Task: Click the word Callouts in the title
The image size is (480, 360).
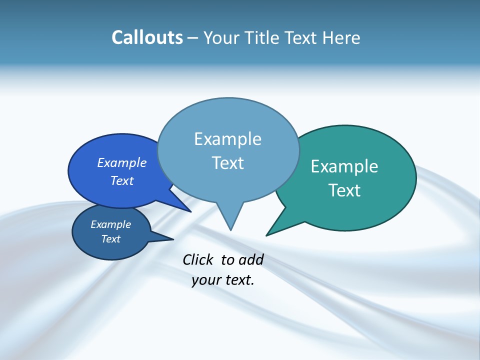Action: click(x=147, y=37)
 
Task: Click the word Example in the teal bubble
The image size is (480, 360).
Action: click(x=344, y=166)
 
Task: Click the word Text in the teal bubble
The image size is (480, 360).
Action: click(x=344, y=190)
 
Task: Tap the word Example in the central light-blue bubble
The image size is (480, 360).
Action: click(x=227, y=139)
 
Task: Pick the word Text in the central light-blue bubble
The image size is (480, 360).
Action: click(x=227, y=163)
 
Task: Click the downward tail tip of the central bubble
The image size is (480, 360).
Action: click(x=230, y=228)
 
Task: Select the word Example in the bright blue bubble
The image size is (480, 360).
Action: click(x=122, y=162)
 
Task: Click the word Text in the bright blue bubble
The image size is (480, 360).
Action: click(x=122, y=180)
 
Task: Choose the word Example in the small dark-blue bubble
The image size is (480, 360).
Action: click(x=110, y=224)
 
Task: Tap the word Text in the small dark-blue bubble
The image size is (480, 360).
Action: click(x=110, y=239)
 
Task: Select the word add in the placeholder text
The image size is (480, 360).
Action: click(x=250, y=259)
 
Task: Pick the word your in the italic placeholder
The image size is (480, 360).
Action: click(x=206, y=280)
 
